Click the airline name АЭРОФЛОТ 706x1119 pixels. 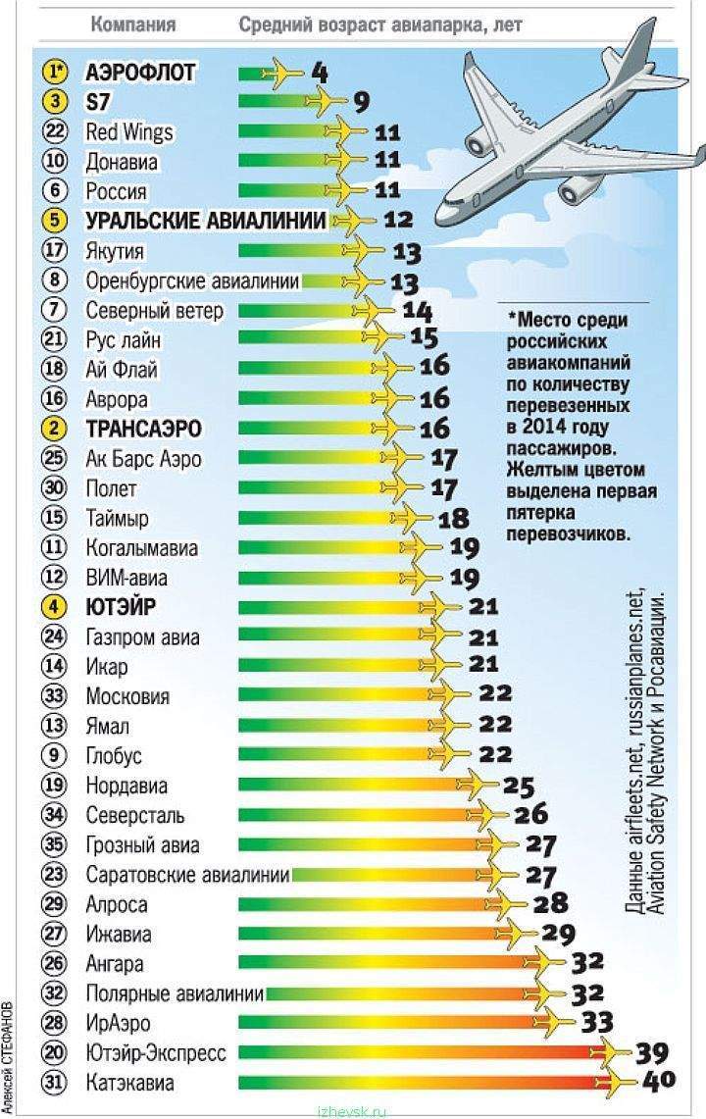point(141,72)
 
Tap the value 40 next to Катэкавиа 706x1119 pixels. point(659,1085)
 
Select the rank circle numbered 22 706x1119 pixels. point(55,131)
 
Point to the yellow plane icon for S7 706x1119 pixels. point(327,101)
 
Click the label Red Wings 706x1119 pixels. point(129,131)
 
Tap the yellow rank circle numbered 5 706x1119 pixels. point(55,221)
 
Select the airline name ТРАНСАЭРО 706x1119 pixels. point(144,429)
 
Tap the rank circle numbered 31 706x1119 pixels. point(55,1084)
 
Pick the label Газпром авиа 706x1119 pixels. point(143,637)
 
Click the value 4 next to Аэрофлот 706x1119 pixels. point(320,72)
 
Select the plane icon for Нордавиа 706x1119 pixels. point(479,786)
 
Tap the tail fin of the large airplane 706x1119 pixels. point(640,44)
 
